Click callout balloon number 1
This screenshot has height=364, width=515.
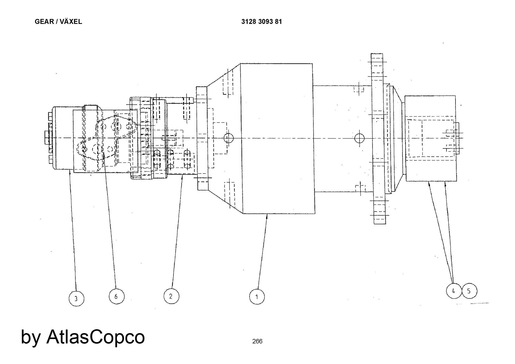[257, 297]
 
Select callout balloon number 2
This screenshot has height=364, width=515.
[171, 296]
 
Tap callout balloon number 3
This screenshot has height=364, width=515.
[76, 299]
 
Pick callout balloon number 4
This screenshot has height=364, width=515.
[454, 291]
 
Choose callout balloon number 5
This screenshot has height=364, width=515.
[469, 291]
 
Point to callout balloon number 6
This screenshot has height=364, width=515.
[116, 296]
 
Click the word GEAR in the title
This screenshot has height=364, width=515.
[44, 22]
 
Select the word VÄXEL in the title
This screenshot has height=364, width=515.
[71, 22]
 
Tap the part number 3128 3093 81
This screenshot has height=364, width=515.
[261, 22]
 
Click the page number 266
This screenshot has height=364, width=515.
[257, 341]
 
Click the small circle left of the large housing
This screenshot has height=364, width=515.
[228, 138]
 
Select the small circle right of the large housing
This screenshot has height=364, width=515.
[359, 138]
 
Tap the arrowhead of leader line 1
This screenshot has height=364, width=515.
[267, 216]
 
